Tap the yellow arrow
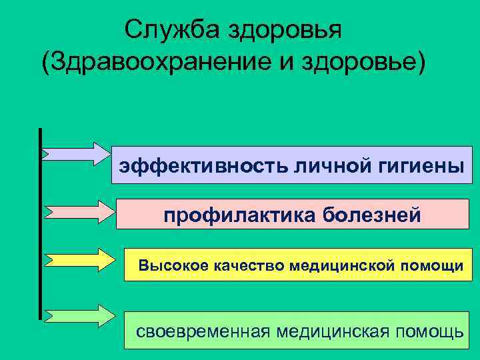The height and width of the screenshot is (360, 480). point(79,259)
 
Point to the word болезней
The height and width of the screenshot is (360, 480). point(371,216)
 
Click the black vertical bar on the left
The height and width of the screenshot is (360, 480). point(41,223)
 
